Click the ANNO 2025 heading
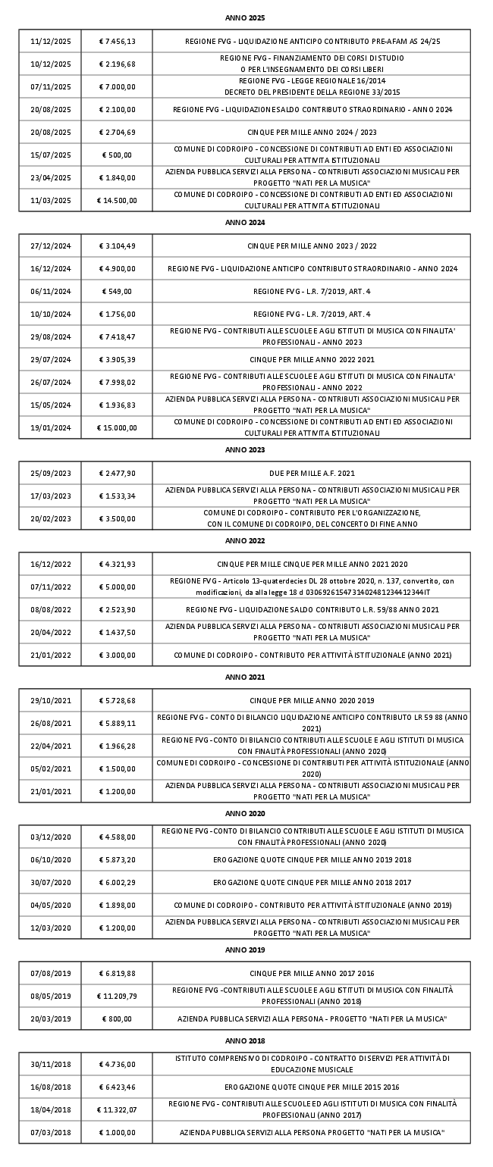245,17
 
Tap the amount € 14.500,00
117,201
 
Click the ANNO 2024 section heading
245,223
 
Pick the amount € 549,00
117,292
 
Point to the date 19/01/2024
50,428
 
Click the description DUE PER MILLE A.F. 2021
312,474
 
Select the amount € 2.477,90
117,474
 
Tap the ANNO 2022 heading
245,541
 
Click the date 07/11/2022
50,587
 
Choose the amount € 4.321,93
117,565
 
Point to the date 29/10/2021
50,701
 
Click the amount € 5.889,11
117,724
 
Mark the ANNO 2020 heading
245,814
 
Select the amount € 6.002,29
117,883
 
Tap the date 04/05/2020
50,906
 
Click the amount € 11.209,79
117,996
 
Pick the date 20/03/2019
50,1018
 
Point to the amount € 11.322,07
117,1110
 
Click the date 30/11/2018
50,1065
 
